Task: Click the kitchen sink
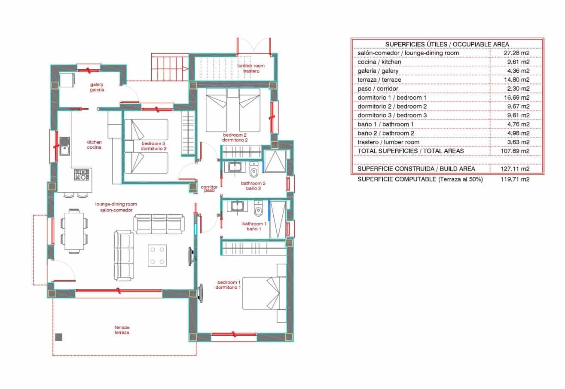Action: point(65,146)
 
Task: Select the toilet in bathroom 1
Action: point(258,208)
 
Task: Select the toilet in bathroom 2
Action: point(253,170)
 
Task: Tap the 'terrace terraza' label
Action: point(122,330)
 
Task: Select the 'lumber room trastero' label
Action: point(251,68)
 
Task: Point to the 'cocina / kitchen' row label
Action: point(379,62)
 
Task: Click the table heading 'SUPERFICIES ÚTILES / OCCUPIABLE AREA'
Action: point(447,44)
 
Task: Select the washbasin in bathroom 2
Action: point(236,167)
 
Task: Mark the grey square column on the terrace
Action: point(59,337)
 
